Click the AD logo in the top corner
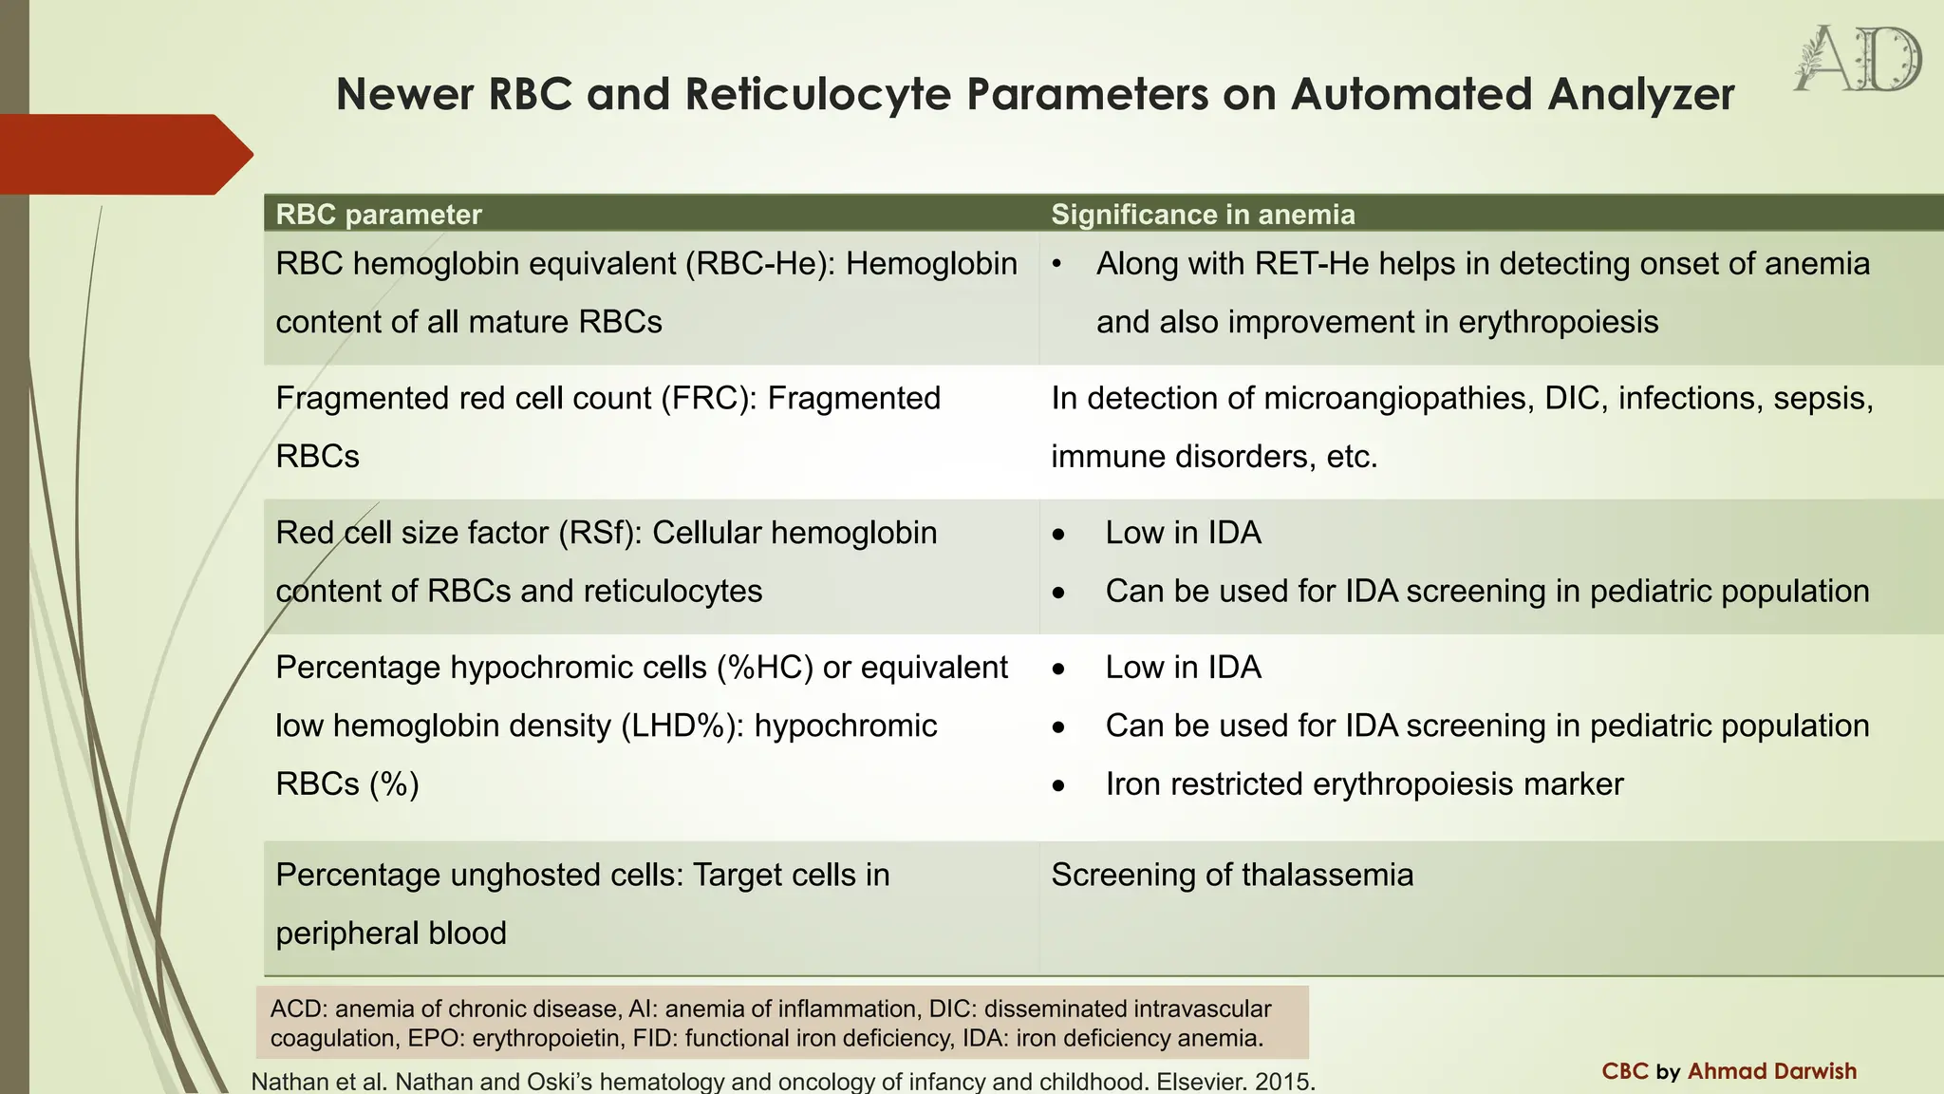tap(1858, 59)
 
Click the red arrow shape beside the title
tap(123, 155)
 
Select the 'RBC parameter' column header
tap(379, 215)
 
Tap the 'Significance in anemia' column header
tap(1203, 215)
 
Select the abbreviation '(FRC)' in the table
tap(708, 398)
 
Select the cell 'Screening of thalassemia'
tap(1232, 875)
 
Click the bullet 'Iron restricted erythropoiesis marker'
tap(1364, 784)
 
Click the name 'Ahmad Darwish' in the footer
tap(1771, 1071)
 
